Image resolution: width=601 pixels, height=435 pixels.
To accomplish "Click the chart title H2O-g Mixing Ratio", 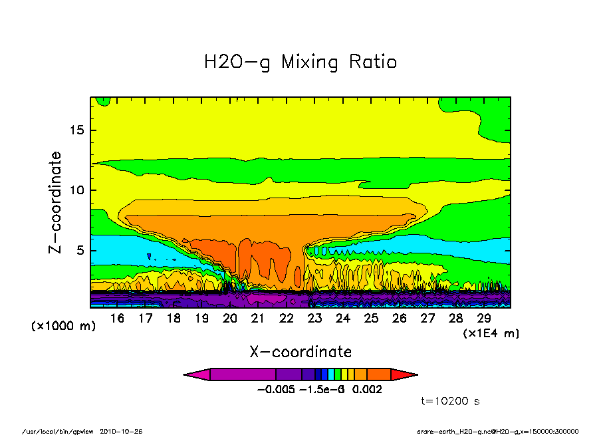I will click(300, 63).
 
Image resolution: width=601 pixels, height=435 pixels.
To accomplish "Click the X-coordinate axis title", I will click(300, 352).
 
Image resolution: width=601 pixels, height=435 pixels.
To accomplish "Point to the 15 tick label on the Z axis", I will click(77, 130).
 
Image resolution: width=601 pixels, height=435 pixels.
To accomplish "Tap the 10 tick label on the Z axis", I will click(77, 190).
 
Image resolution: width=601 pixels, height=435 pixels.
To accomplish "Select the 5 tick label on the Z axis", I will click(80, 251).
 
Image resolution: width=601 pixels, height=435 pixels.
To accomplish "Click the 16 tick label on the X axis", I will click(117, 319).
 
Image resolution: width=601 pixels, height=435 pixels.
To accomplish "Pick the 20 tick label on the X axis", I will click(230, 319).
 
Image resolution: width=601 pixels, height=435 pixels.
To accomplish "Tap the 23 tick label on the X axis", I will click(314, 319).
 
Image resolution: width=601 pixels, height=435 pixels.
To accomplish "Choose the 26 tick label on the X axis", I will click(399, 319).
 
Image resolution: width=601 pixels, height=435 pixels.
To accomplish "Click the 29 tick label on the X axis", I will click(484, 319).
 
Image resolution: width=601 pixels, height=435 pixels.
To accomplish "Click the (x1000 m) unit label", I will click(64, 327).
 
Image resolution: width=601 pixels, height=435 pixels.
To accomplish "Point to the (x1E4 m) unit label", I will click(491, 333).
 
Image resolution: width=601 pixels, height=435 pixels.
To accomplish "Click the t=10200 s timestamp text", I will click(451, 401).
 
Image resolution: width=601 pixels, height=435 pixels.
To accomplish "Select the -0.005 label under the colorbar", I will click(274, 390).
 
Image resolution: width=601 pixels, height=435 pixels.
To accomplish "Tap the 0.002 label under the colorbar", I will click(367, 390).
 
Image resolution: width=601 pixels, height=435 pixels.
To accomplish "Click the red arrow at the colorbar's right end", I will click(404, 374).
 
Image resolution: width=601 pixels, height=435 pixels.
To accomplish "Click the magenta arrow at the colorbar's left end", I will click(197, 374).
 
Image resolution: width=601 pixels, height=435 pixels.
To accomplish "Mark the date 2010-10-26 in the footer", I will click(121, 430).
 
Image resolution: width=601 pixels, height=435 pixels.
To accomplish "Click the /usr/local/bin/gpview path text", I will click(59, 430).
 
